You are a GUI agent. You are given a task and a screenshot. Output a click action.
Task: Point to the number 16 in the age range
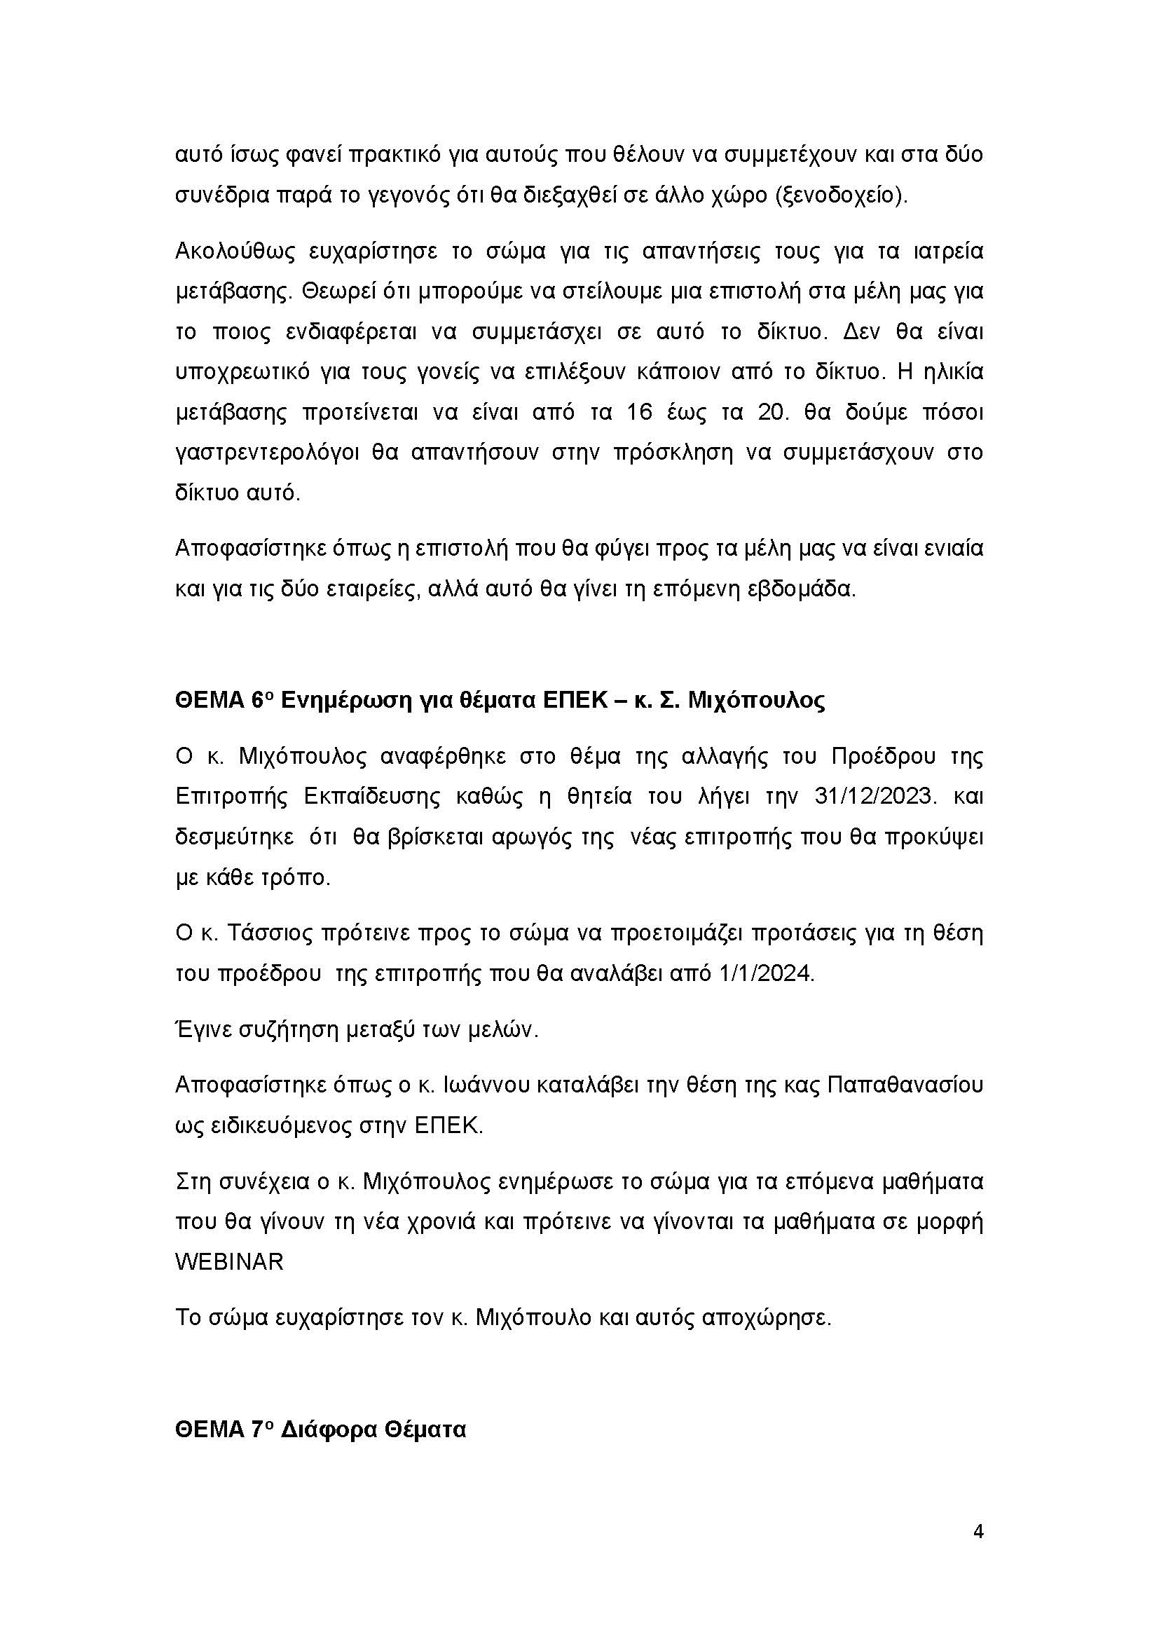[x=640, y=413]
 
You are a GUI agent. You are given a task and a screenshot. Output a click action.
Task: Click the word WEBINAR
[x=229, y=1261]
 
